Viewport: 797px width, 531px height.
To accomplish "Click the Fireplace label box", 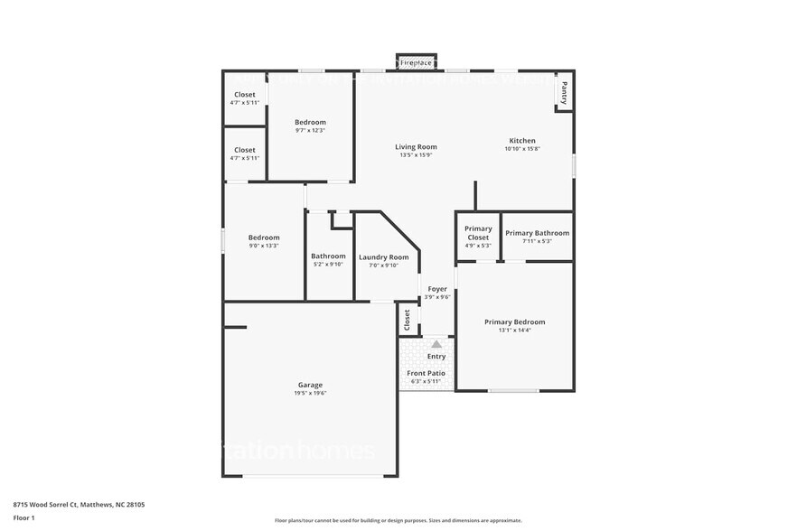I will click(x=416, y=63).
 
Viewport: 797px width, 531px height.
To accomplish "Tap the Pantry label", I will click(x=564, y=93).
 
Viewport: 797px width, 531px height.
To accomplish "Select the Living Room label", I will click(x=416, y=147).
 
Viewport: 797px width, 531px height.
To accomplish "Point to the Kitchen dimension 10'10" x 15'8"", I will click(x=522, y=149).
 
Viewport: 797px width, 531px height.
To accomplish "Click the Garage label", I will click(x=310, y=385).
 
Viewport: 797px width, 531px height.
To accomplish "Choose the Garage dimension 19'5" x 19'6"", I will click(x=310, y=394).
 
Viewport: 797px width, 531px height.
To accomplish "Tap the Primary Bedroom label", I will click(x=514, y=321).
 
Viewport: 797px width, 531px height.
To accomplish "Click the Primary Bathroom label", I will click(x=537, y=233).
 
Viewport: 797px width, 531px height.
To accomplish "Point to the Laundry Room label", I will click(x=383, y=257).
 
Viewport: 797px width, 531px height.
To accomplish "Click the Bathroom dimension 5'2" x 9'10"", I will click(x=328, y=265).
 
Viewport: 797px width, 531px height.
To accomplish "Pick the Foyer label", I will click(x=437, y=289).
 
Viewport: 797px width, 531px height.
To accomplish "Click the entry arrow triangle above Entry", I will click(x=436, y=344).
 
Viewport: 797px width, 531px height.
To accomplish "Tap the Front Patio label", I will click(x=426, y=373).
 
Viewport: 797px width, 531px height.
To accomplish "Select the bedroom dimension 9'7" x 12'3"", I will click(x=310, y=131).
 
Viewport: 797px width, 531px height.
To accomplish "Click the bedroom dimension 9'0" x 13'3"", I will click(x=264, y=246).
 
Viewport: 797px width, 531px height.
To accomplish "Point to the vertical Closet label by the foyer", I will click(x=407, y=319).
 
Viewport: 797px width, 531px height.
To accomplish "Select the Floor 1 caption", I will click(x=24, y=517).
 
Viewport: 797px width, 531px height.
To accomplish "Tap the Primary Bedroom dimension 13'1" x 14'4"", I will click(x=514, y=331).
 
